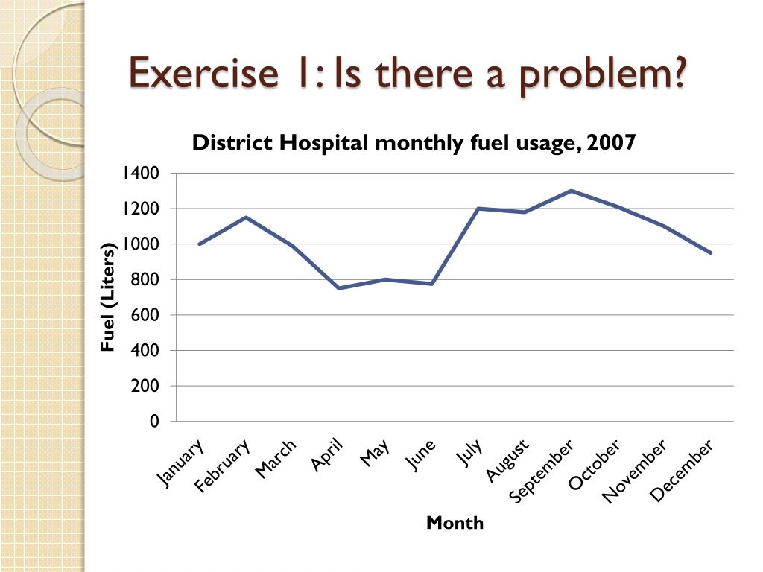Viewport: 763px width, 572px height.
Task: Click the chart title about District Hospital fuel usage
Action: pyautogui.click(x=414, y=143)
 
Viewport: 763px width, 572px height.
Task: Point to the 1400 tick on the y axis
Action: pyautogui.click(x=142, y=174)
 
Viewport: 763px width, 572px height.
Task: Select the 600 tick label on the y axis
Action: pyautogui.click(x=146, y=315)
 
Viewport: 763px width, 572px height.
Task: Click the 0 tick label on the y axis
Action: pyautogui.click(x=154, y=422)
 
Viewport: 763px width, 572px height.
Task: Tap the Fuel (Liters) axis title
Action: pyautogui.click(x=109, y=297)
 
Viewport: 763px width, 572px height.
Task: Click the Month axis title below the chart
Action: pyautogui.click(x=455, y=523)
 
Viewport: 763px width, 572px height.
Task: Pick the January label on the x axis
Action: pyautogui.click(x=181, y=464)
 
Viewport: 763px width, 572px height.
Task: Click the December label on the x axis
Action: pyautogui.click(x=682, y=470)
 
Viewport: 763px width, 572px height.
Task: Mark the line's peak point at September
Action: pyautogui.click(x=571, y=191)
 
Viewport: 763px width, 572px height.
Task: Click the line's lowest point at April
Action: pyautogui.click(x=339, y=288)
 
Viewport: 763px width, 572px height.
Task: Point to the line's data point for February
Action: pyautogui.click(x=246, y=217)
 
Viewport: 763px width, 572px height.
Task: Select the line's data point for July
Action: pyautogui.click(x=478, y=209)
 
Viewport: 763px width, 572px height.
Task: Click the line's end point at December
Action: pyautogui.click(x=711, y=252)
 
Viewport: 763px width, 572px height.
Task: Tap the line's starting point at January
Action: pyautogui.click(x=199, y=244)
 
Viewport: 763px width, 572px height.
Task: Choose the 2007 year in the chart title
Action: pyautogui.click(x=611, y=143)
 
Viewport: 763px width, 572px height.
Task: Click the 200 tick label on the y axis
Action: pyautogui.click(x=146, y=386)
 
